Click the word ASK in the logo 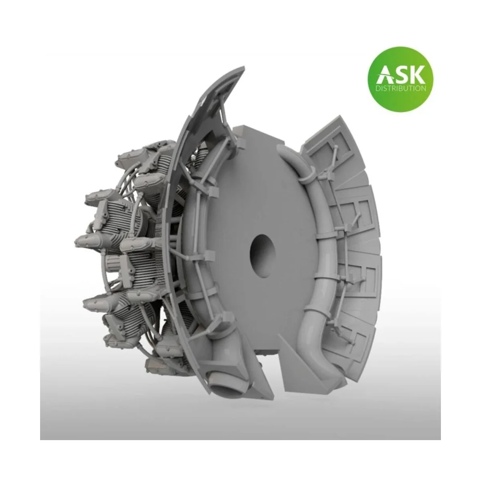400,75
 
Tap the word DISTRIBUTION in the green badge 400,88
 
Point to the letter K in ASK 417,75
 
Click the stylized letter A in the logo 384,75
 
